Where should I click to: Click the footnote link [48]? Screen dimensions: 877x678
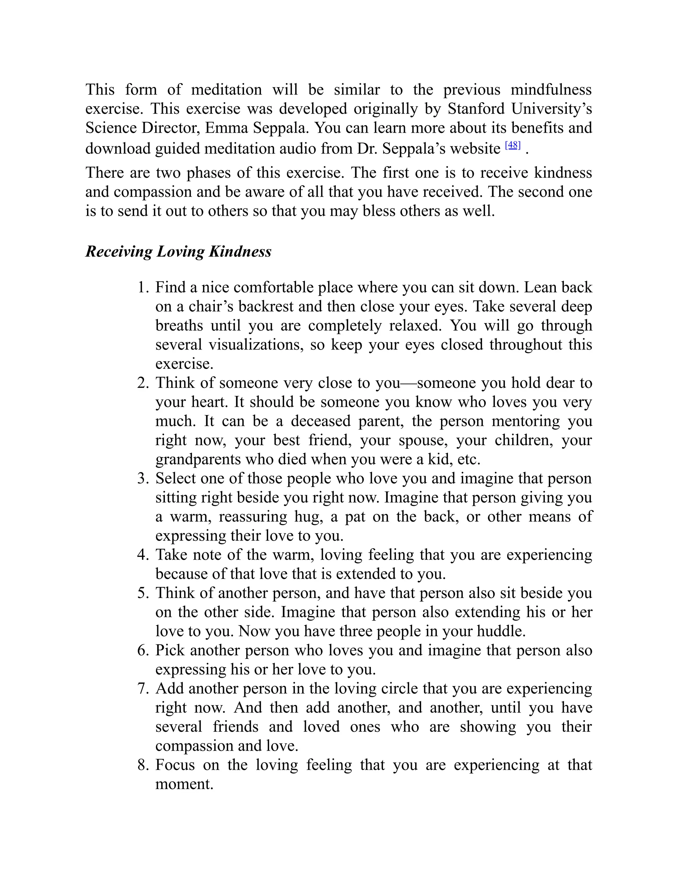tap(512, 145)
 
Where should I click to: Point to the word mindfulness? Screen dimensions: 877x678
tap(551, 90)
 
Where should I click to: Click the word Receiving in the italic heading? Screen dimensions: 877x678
tap(119, 252)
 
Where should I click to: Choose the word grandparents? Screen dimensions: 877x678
tap(198, 459)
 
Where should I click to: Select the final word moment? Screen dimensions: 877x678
tap(184, 784)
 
